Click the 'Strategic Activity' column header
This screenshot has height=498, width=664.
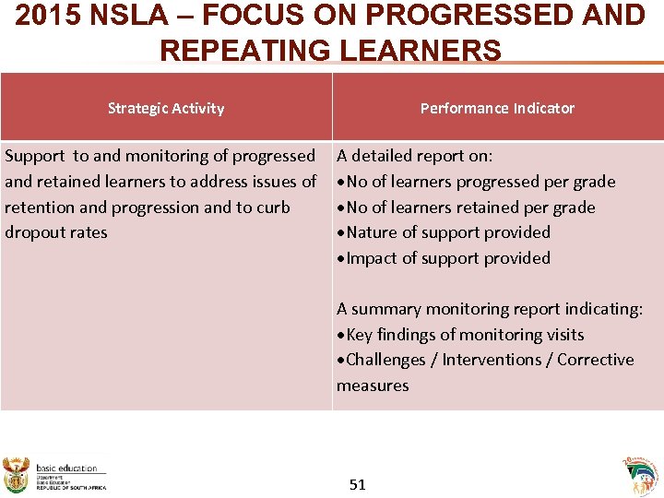[x=166, y=108]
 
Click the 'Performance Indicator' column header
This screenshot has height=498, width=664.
[x=497, y=108]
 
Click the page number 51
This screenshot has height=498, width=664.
[x=358, y=484]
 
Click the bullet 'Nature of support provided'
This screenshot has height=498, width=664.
[x=448, y=232]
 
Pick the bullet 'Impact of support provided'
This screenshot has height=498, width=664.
[x=448, y=258]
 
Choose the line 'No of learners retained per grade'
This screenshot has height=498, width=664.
[x=470, y=207]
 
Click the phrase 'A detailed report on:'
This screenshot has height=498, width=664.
[x=415, y=156]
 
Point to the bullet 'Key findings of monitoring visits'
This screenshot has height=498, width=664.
[x=465, y=335]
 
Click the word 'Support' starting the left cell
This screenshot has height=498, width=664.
[x=35, y=156]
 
